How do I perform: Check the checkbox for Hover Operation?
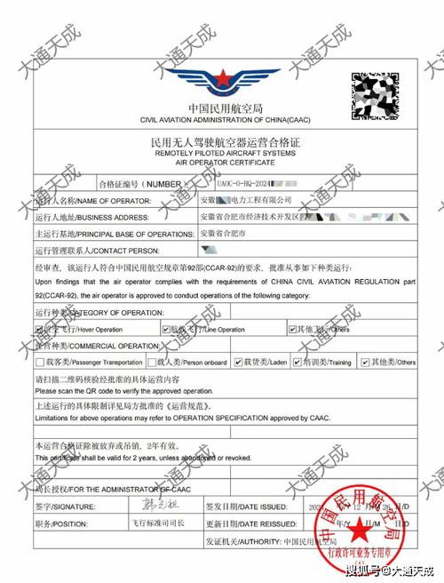pos(40,329)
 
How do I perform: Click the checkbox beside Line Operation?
pos(166,329)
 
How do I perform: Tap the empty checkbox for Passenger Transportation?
pos(40,362)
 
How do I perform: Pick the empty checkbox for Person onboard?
pos(152,362)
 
